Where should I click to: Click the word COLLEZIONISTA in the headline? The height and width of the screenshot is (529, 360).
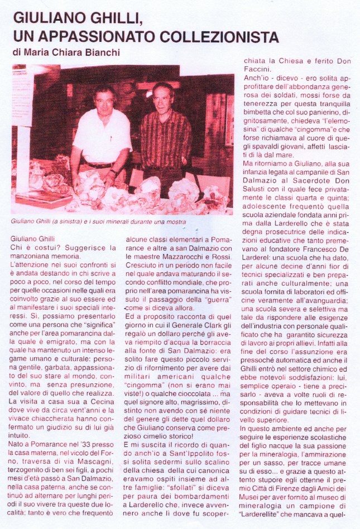pos(219,37)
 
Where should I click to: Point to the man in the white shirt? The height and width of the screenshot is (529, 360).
pos(100,137)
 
